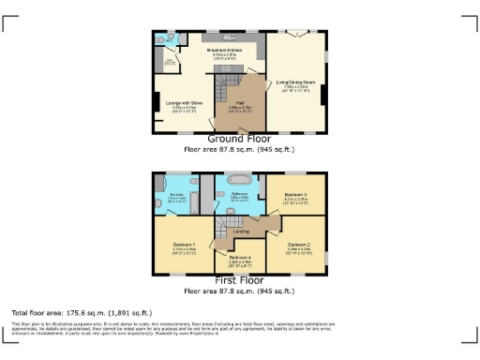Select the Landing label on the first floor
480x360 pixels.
[x=240, y=229]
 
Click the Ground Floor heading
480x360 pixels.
[x=240, y=138]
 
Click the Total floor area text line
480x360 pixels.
[x=81, y=311]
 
